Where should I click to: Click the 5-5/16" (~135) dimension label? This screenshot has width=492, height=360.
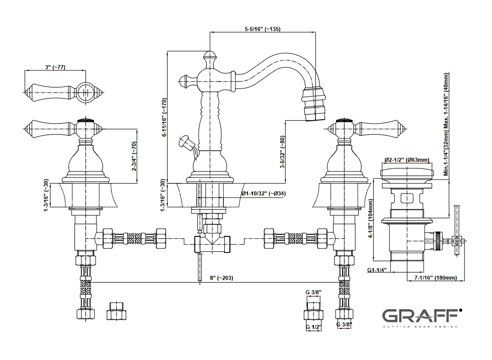click(x=263, y=29)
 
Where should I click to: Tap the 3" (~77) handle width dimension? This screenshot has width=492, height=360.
click(x=56, y=67)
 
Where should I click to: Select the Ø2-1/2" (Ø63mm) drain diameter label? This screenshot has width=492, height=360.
click(x=407, y=160)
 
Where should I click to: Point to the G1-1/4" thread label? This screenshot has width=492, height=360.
click(x=377, y=271)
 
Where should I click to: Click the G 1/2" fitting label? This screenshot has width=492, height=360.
click(x=313, y=327)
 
